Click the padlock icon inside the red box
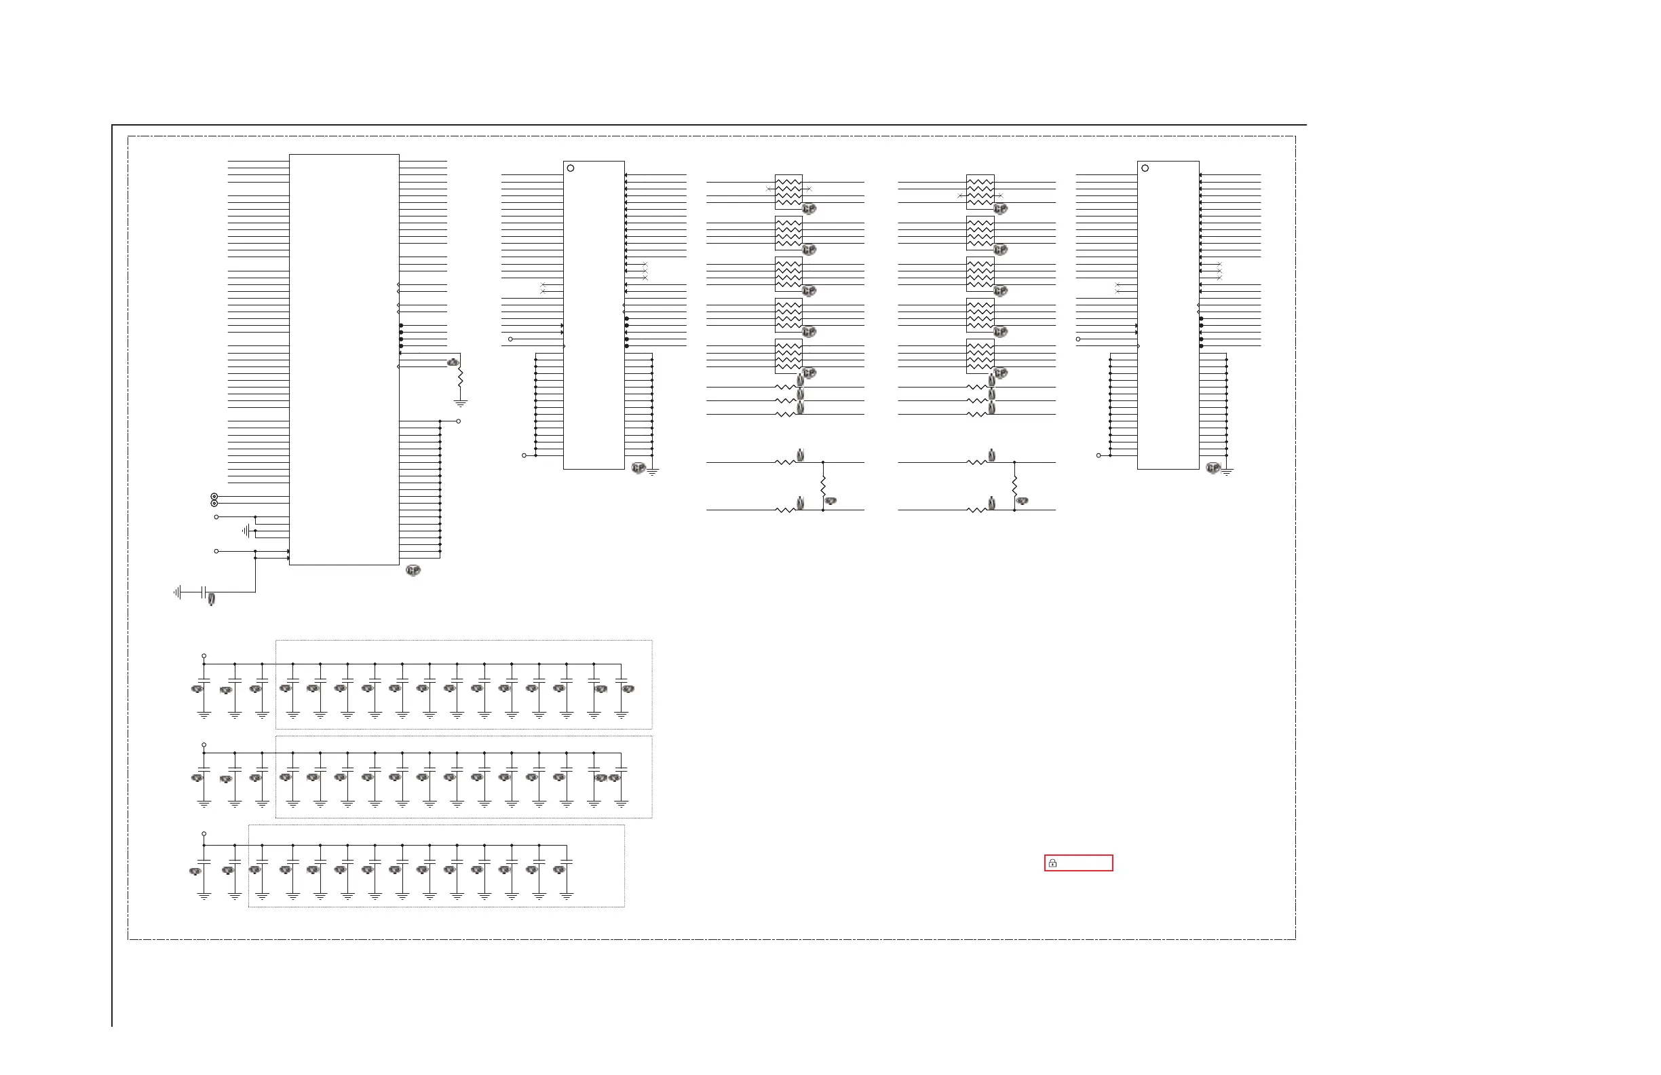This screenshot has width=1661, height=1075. pos(1052,863)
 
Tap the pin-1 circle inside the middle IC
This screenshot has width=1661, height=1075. pos(571,168)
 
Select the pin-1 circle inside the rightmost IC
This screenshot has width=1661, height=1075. pos(1145,168)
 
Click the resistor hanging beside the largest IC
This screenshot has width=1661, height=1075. pos(460,377)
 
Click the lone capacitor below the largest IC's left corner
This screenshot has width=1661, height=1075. pos(203,592)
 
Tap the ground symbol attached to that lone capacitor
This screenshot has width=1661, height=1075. pos(178,592)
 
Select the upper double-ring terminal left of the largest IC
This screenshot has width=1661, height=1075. pos(214,496)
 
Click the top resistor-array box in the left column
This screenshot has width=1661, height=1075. pos(788,191)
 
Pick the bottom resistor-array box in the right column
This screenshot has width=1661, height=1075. pos(980,356)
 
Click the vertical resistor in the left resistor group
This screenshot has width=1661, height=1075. pos(823,486)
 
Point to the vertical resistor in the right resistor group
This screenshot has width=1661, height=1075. pos(1014,486)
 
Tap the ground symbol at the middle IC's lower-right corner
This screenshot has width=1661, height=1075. pos(653,472)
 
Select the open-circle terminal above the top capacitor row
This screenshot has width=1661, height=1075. pos(204,656)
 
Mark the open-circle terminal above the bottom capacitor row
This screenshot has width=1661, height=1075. pos(204,833)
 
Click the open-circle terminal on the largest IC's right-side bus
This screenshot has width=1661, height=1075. pos(459,421)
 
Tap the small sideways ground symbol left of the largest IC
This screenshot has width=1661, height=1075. pos(246,531)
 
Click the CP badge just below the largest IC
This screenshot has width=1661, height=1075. pos(413,570)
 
